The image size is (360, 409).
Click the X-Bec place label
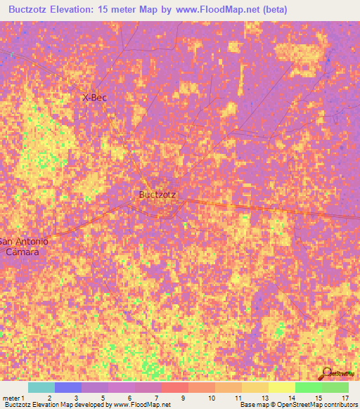coord(94,98)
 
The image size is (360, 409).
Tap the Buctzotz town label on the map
coord(157,195)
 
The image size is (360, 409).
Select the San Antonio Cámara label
coord(25,246)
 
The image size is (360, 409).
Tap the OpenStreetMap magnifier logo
coord(326,374)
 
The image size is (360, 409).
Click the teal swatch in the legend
coord(41,387)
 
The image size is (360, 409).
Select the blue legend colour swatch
coord(67,387)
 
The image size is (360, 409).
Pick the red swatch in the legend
coord(174,387)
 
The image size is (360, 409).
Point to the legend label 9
coord(183,397)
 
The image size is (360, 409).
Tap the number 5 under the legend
coord(103,397)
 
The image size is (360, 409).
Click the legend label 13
coord(263,397)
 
